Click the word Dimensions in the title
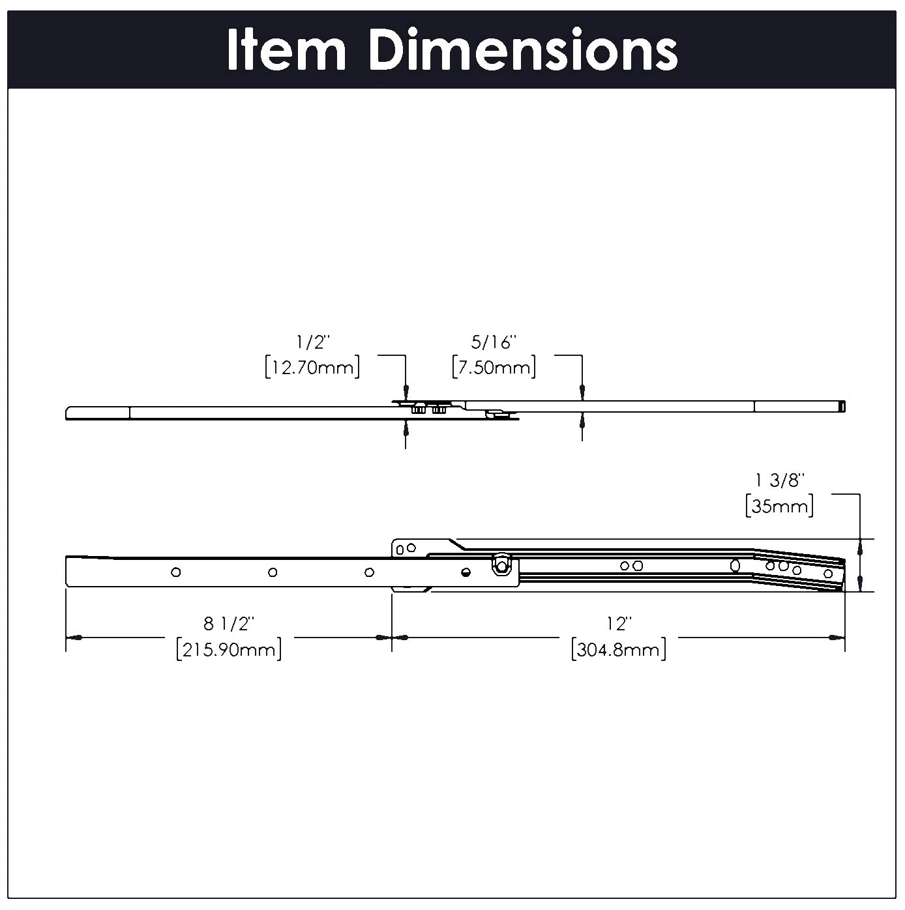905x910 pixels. [x=524, y=50]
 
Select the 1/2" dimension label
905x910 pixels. [x=312, y=342]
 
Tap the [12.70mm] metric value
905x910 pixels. [x=312, y=367]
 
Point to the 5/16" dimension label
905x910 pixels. [x=494, y=342]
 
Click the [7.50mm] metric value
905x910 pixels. [x=494, y=367]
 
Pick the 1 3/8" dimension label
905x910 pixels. [x=780, y=480]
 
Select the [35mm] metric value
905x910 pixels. [x=780, y=506]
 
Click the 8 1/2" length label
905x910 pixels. [x=228, y=624]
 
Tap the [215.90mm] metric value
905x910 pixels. [x=228, y=649]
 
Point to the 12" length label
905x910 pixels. [x=617, y=624]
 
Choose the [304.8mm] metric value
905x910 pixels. [x=617, y=649]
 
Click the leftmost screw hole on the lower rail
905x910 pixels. [x=175, y=572]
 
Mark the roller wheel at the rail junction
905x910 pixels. [x=502, y=566]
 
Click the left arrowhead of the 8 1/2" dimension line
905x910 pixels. [x=74, y=638]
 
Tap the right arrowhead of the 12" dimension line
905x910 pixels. [x=837, y=638]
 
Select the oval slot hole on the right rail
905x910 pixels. [x=735, y=566]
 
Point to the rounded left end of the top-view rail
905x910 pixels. [x=68, y=413]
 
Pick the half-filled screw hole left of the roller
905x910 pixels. [x=465, y=572]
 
